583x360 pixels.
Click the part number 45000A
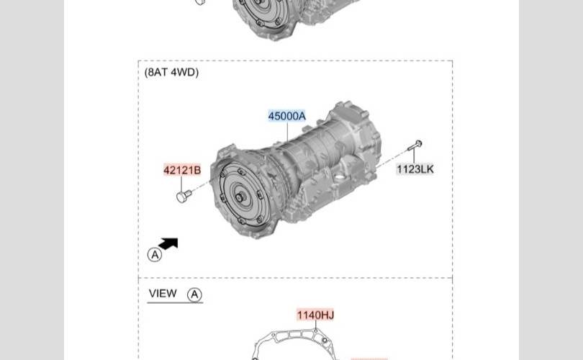click(286, 116)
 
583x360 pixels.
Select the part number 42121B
click(182, 170)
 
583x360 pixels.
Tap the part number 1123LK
click(415, 169)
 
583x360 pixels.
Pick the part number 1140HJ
click(315, 315)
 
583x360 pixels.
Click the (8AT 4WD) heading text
click(171, 72)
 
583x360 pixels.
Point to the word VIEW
click(163, 294)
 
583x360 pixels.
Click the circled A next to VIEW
click(194, 294)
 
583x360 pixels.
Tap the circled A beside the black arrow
click(155, 255)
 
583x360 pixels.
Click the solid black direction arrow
click(168, 243)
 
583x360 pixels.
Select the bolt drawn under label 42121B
click(184, 196)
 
